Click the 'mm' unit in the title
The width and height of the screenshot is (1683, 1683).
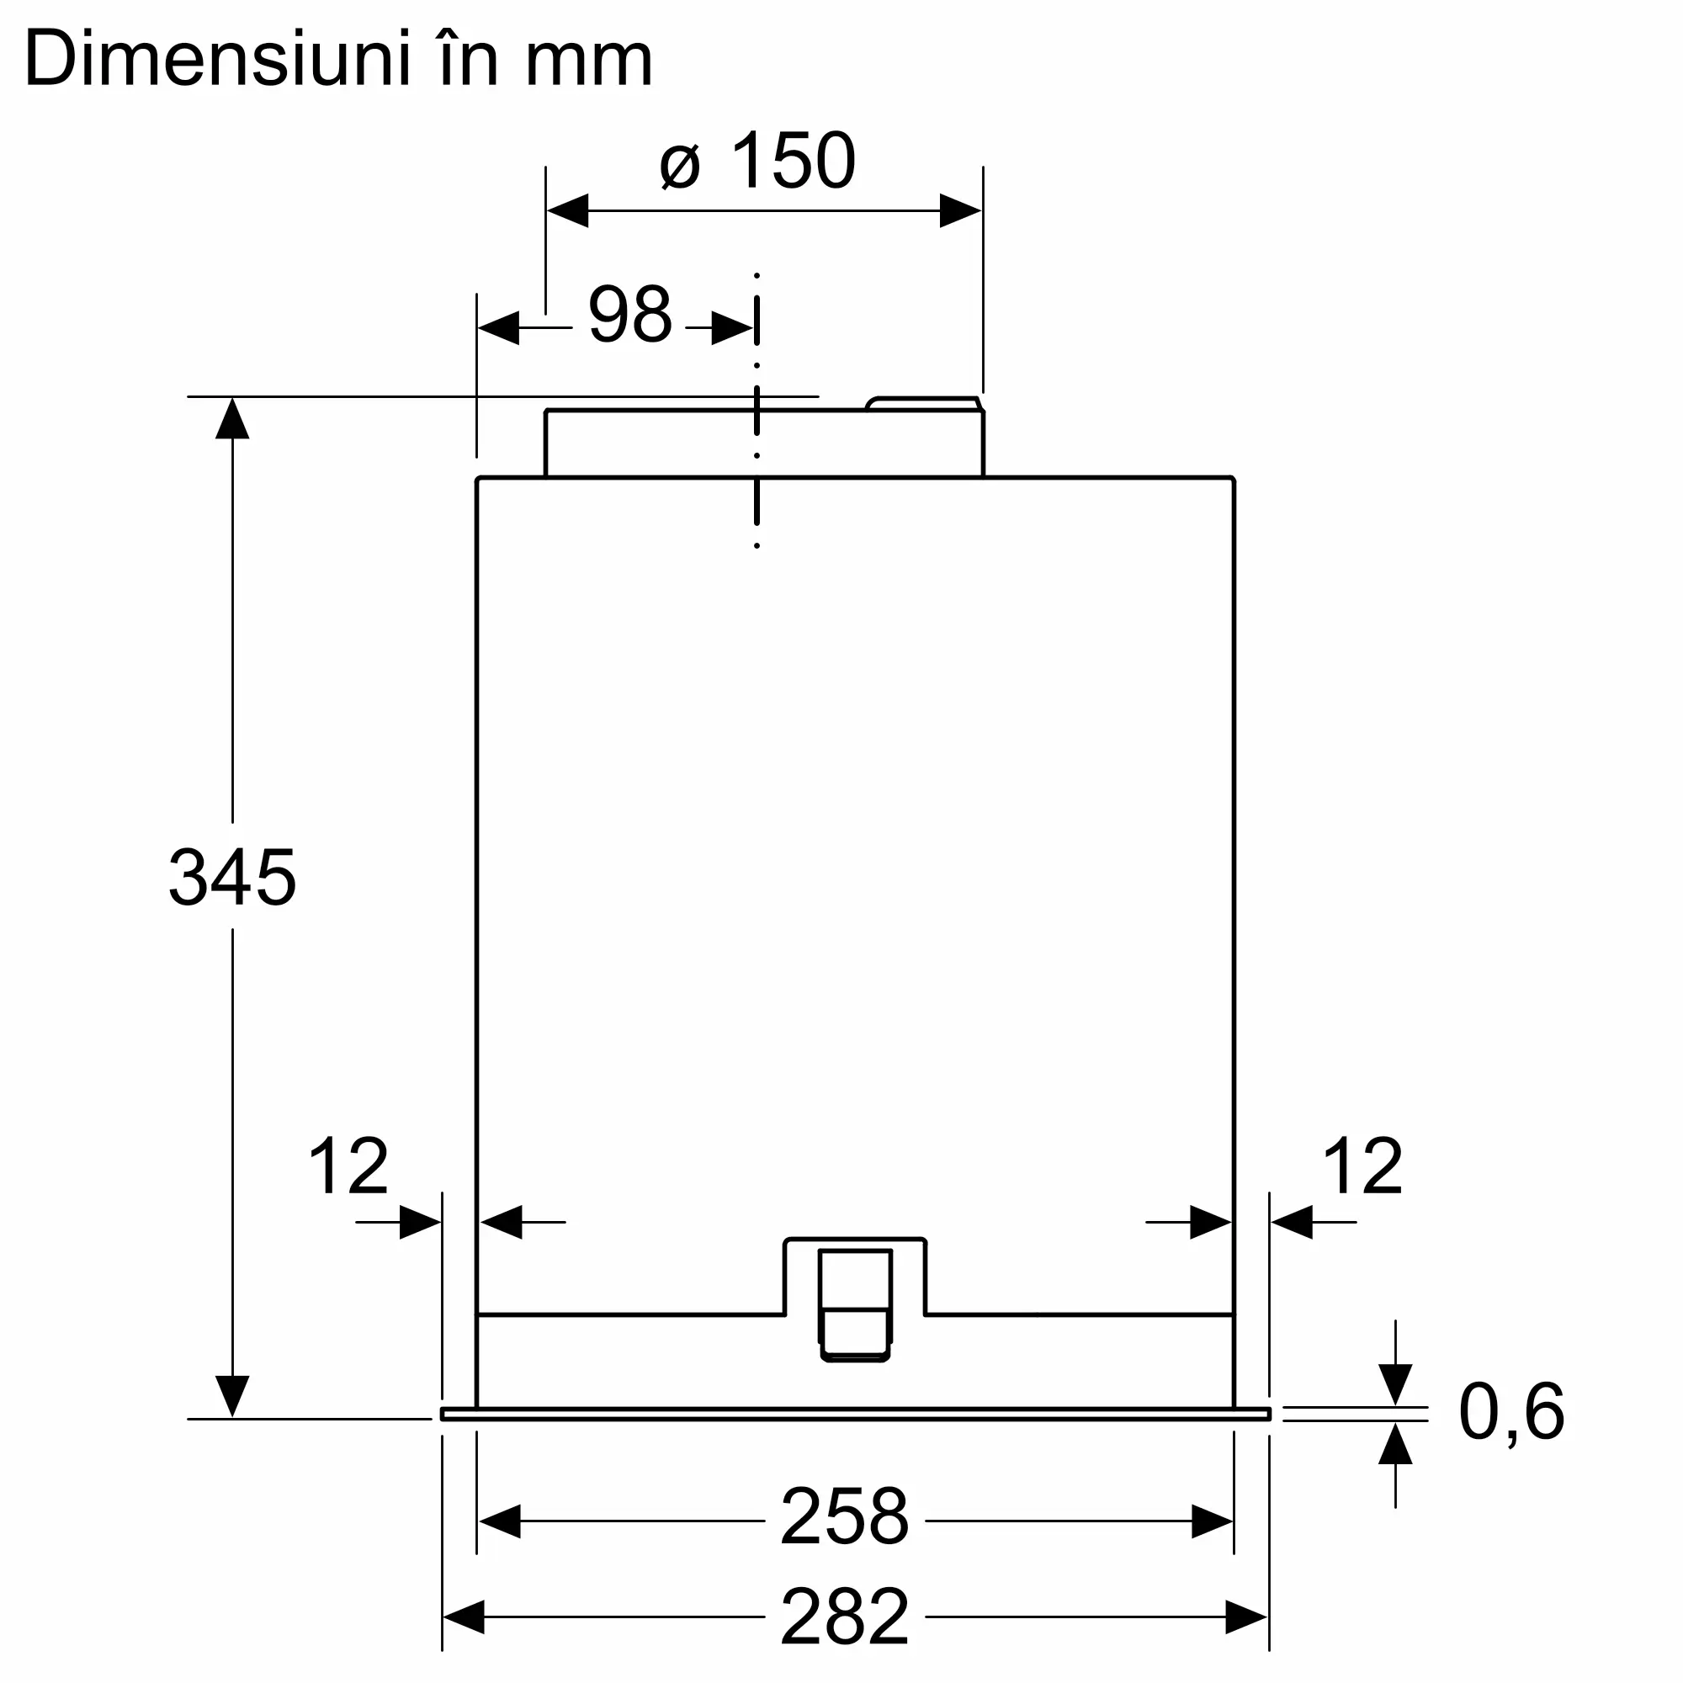click(588, 63)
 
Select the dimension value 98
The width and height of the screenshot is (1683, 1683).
click(629, 316)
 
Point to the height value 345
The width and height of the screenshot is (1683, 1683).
click(231, 877)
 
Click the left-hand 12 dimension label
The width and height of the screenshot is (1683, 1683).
click(348, 1166)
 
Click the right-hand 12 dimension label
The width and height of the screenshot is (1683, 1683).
click(1362, 1166)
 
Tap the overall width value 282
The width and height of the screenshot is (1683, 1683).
click(844, 1616)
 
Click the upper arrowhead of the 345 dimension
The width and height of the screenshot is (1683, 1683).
click(232, 419)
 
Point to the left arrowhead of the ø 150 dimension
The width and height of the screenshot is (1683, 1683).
click(568, 211)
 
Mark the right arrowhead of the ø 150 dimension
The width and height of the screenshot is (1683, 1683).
click(960, 211)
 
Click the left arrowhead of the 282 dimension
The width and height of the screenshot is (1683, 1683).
click(465, 1617)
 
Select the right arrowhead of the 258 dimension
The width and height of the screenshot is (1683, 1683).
click(1212, 1521)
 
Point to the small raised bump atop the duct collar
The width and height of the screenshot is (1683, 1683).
click(923, 403)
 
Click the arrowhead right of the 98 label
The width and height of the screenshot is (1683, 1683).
click(732, 328)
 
